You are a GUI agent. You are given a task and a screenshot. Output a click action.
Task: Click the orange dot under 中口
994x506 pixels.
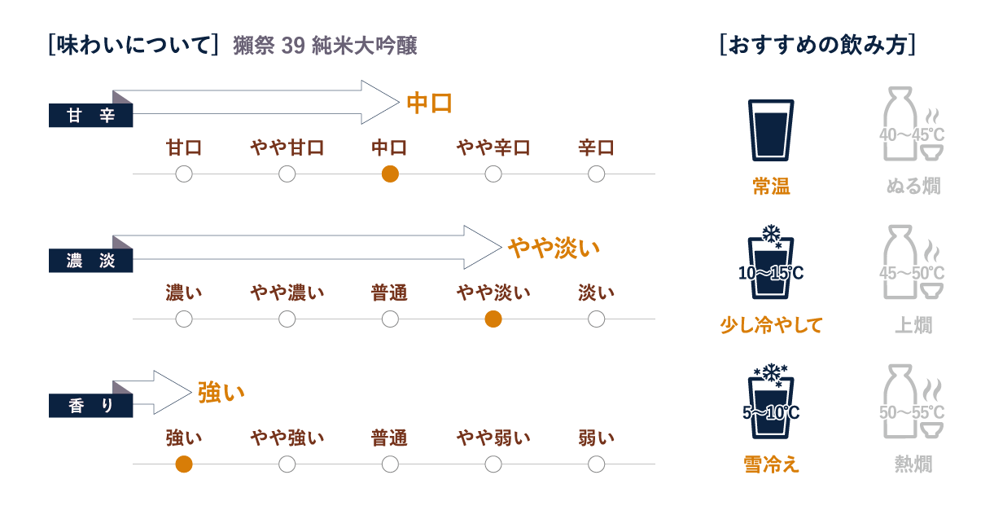click(390, 174)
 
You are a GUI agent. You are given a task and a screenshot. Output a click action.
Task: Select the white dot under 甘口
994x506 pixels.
click(184, 174)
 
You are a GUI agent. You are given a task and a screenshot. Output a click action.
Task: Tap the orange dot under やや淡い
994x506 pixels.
click(493, 319)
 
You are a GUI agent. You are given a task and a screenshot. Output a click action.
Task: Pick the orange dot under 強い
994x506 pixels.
click(184, 464)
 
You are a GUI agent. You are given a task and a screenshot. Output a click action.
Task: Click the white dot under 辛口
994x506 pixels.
click(596, 174)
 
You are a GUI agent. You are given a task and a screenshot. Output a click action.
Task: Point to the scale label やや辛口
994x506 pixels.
click(493, 147)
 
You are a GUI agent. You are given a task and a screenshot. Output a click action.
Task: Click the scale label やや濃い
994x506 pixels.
click(287, 293)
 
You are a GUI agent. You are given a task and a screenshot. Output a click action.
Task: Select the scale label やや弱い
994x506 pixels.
click(493, 438)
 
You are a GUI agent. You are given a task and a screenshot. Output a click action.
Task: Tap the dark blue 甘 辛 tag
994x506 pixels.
click(90, 116)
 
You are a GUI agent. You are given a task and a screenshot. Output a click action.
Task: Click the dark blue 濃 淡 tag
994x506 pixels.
click(90, 261)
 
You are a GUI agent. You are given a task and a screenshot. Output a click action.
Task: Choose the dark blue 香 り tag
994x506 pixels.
click(90, 405)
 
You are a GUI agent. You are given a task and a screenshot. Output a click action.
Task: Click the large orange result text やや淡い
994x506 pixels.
click(554, 248)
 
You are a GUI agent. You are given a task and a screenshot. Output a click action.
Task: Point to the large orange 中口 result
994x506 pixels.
click(429, 103)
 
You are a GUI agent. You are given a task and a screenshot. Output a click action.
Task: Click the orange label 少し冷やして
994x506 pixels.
click(771, 325)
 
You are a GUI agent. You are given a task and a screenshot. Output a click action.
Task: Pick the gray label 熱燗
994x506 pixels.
click(913, 464)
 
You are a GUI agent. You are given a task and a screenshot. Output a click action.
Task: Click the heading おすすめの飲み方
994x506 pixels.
click(818, 46)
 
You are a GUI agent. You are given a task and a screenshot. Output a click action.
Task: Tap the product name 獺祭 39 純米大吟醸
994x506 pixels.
click(325, 46)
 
